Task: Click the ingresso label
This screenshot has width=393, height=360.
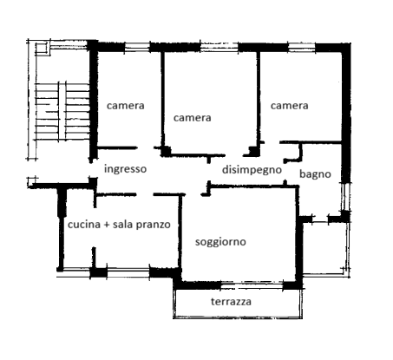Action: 125,169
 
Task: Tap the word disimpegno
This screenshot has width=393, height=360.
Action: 252,170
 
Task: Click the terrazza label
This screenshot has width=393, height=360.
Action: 232,302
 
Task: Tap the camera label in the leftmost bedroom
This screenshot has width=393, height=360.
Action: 125,105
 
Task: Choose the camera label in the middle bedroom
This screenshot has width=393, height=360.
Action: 193,117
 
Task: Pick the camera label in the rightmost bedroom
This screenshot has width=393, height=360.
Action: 289,106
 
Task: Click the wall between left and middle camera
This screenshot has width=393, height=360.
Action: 161,95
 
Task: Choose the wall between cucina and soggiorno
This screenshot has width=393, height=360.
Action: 180,234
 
